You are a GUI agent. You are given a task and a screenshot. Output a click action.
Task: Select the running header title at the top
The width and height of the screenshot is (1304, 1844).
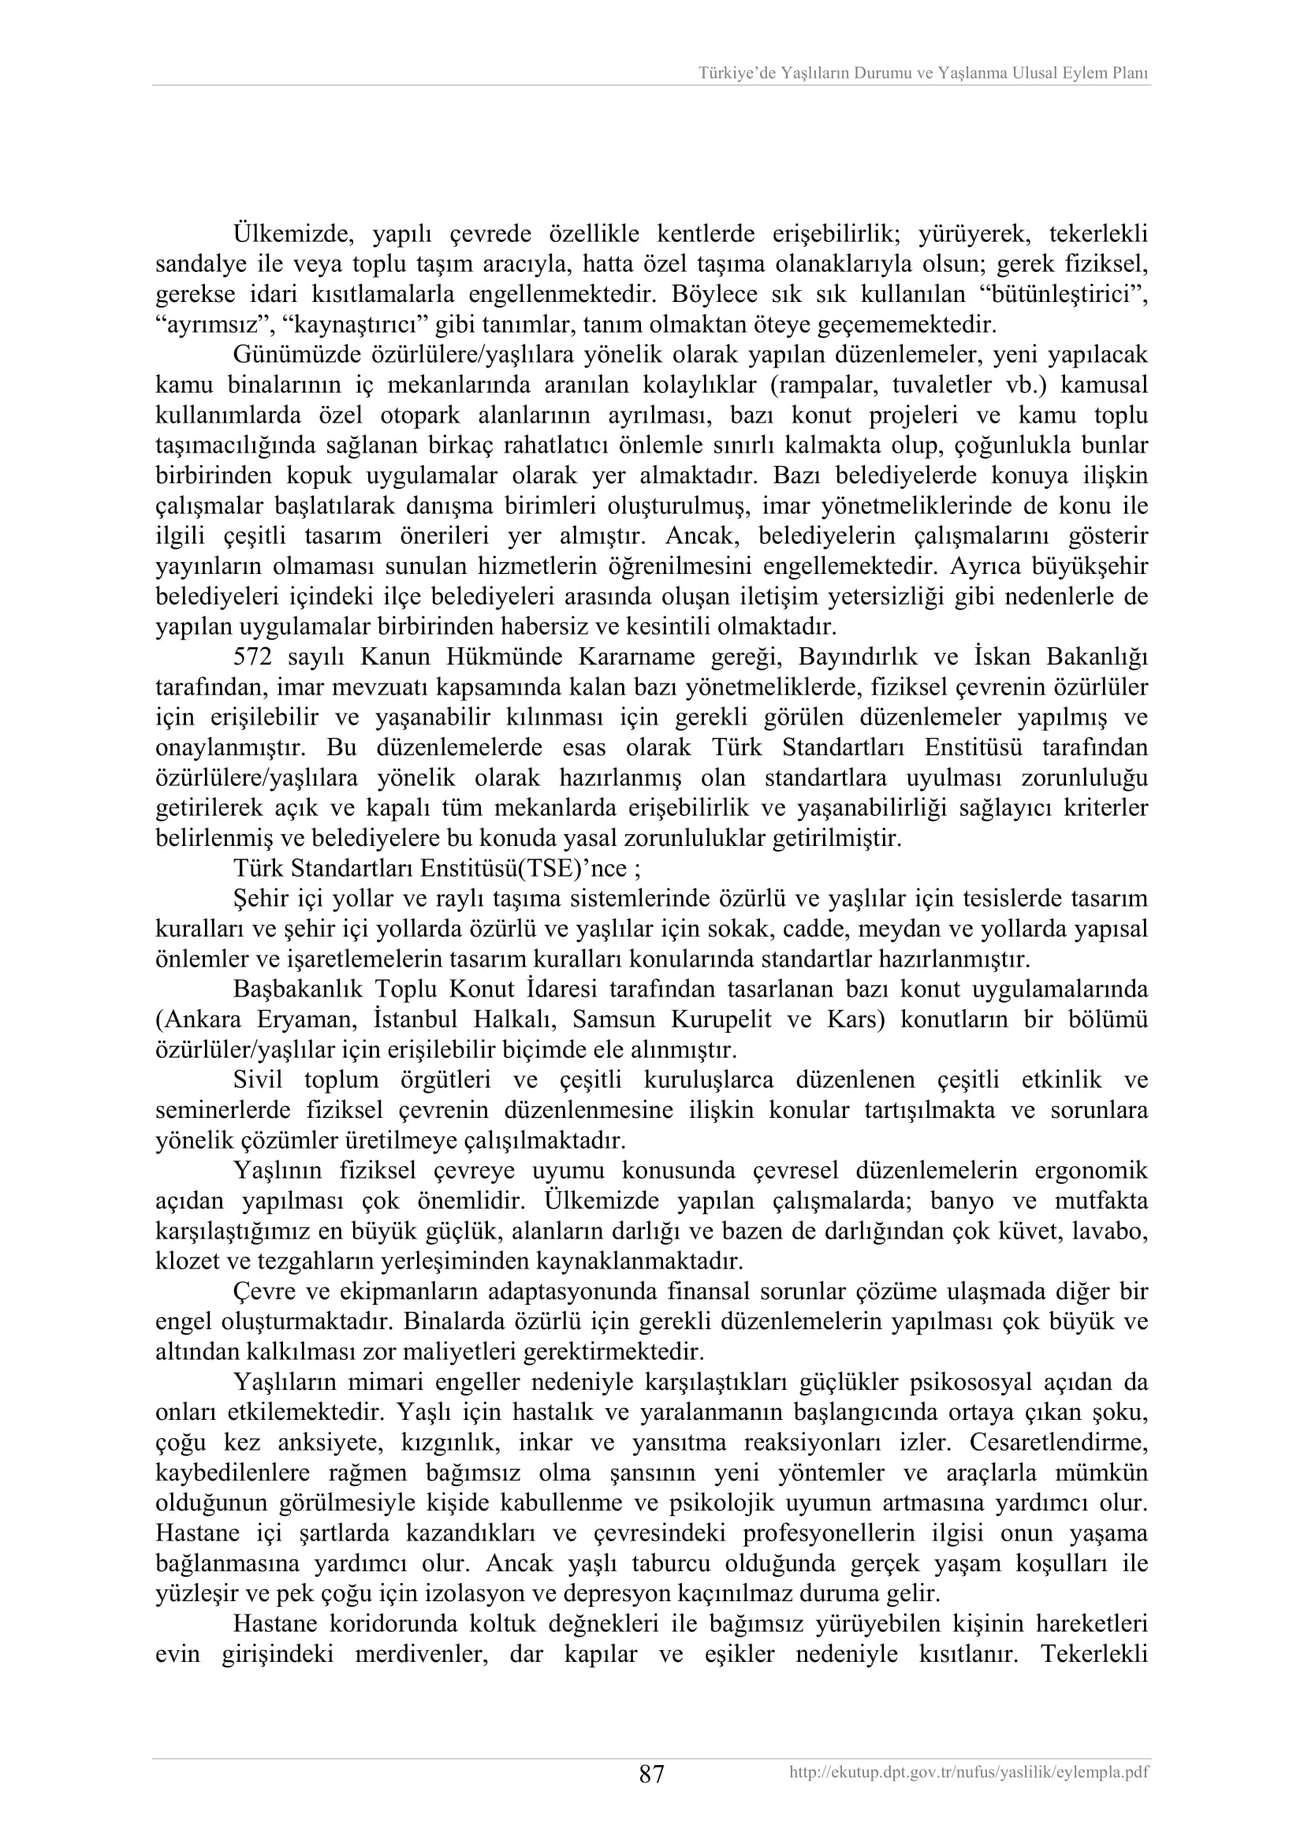pyautogui.click(x=923, y=73)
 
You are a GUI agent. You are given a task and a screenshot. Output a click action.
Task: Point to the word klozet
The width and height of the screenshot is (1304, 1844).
pyautogui.click(x=180, y=1260)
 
